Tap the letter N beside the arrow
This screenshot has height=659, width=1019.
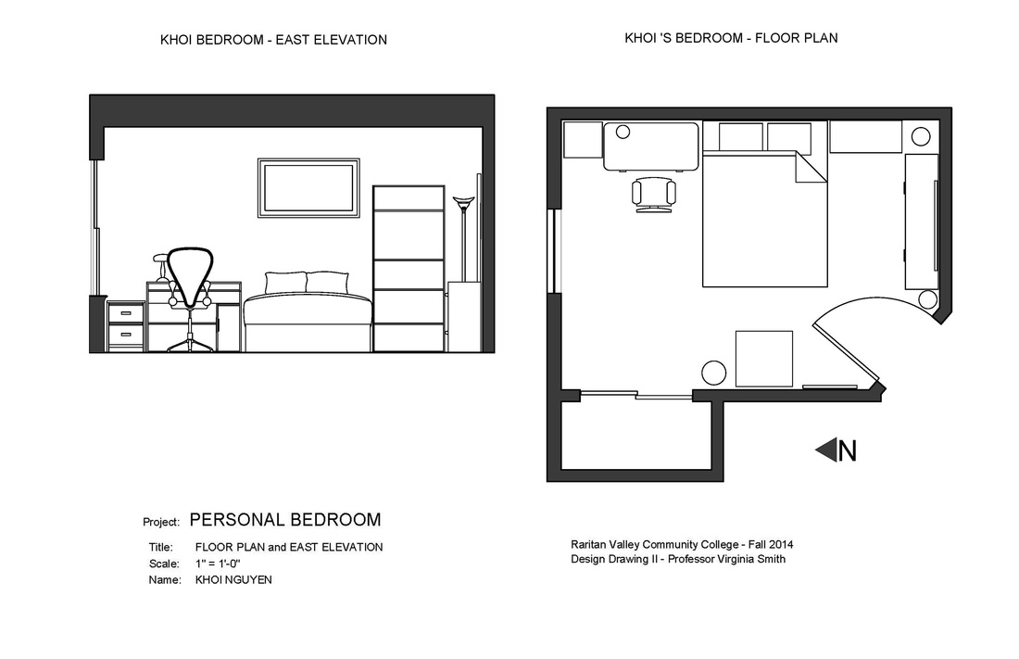(847, 451)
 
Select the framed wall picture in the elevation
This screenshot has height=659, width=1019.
(308, 188)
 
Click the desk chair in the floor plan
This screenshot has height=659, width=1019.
(653, 195)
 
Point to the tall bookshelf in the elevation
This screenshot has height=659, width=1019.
(409, 269)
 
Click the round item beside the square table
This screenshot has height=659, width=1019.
(713, 373)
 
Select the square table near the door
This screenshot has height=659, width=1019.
(764, 358)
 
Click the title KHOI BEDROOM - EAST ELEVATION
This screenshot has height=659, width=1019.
(273, 40)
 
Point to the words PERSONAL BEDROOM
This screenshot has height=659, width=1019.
(285, 520)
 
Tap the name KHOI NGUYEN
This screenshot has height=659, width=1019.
(233, 580)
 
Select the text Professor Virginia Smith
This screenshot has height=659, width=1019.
(727, 559)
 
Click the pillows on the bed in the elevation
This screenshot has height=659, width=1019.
(307, 283)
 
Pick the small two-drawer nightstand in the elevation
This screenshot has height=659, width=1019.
(126, 326)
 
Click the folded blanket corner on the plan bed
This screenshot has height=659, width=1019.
(811, 170)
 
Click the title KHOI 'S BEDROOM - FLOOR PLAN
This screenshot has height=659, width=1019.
(732, 39)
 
